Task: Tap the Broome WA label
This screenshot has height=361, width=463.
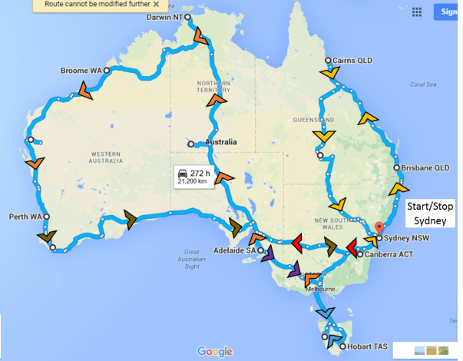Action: pos(81,71)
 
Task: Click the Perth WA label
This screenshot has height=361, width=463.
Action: pos(24,217)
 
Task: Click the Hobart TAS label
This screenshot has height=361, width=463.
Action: pos(367,347)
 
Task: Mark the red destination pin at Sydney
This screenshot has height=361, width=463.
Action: pos(377,228)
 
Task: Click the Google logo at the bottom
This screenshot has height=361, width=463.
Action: pos(214,352)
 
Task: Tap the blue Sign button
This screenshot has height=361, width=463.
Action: pos(448,12)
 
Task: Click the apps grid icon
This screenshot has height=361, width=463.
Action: pos(418,12)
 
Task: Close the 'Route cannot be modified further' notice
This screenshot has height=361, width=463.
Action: pos(156,4)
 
